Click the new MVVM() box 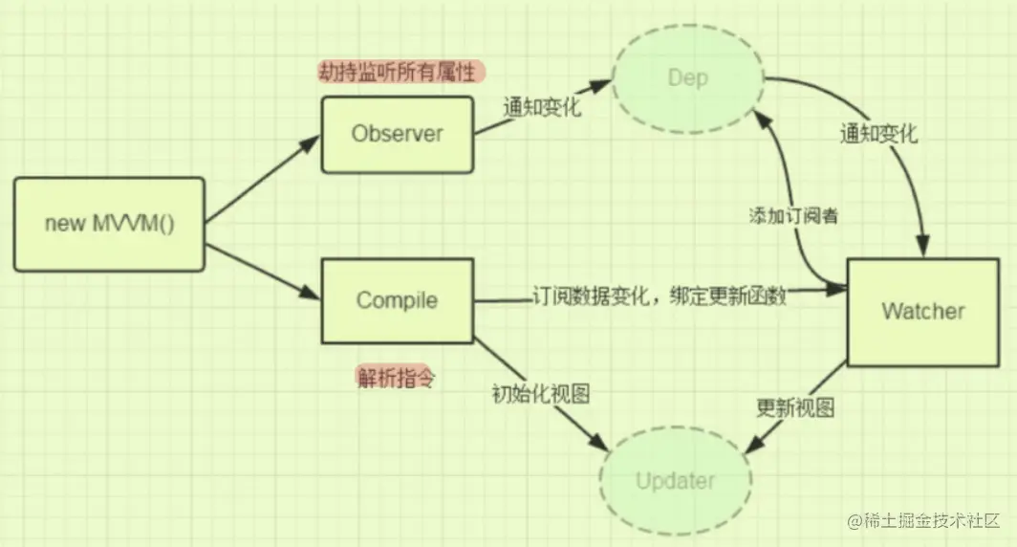[x=109, y=224]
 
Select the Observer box [x=397, y=134]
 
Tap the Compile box [x=397, y=300]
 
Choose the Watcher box [x=922, y=311]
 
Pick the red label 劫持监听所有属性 [x=401, y=72]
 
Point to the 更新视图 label [x=795, y=407]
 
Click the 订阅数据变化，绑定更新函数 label [x=659, y=297]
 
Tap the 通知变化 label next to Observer [x=542, y=106]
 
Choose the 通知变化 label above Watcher [x=877, y=134]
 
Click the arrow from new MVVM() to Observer [x=263, y=182]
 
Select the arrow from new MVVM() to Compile [x=263, y=269]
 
